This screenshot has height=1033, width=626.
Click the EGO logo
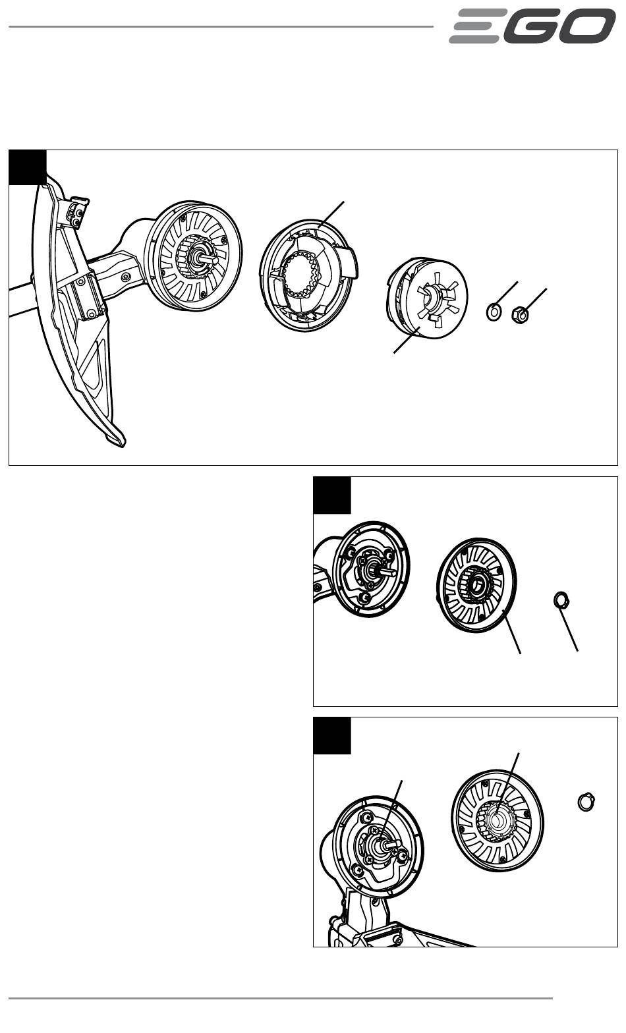532,26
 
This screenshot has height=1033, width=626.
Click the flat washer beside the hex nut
493,311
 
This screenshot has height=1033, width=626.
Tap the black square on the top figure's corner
27,167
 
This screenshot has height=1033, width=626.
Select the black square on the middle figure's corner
332,495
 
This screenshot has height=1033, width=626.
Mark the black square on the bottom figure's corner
332,735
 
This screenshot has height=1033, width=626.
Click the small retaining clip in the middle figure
561,600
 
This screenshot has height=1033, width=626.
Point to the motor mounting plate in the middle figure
371,568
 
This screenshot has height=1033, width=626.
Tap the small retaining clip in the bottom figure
586,801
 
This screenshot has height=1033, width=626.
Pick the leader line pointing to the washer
506,293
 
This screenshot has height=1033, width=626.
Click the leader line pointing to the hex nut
536,299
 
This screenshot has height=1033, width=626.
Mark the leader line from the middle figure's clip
571,629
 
